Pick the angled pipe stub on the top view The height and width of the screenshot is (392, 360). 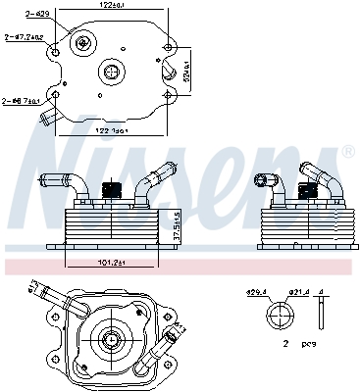(47, 119)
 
